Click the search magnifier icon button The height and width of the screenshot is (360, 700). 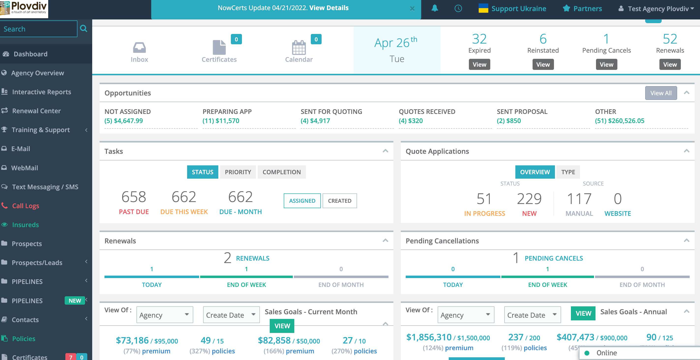(x=84, y=29)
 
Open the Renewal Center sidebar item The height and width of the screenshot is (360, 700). (x=36, y=111)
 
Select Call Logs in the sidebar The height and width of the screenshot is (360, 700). (x=26, y=205)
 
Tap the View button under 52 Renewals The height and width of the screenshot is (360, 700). (x=670, y=64)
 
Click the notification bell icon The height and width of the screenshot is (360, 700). (x=434, y=8)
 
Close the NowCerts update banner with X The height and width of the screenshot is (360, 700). (x=412, y=9)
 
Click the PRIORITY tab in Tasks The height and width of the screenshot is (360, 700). (x=238, y=172)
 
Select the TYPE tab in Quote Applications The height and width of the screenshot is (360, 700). (x=568, y=172)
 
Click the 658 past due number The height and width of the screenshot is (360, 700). (x=134, y=197)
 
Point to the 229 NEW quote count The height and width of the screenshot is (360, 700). (x=529, y=199)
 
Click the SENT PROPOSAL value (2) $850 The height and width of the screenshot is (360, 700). (x=509, y=121)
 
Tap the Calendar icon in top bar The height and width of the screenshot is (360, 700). (x=299, y=48)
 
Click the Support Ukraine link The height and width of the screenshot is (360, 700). (x=519, y=8)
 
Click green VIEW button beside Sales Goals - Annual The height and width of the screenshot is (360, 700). (x=583, y=313)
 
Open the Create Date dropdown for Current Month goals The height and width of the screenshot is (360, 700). (x=231, y=315)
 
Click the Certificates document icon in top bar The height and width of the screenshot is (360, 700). (x=219, y=47)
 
